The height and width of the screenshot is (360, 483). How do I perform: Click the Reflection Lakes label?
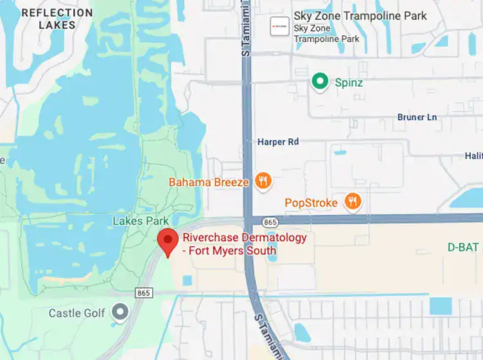click(57, 19)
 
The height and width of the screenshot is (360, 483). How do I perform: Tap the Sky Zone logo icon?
click(278, 26)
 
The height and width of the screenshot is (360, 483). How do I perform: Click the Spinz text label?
click(349, 82)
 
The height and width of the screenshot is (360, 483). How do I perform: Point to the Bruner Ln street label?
click(417, 117)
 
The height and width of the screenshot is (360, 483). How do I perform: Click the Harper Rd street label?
click(278, 141)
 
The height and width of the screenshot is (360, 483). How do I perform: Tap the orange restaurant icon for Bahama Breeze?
click(262, 181)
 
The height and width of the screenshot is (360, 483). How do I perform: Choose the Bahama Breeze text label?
click(209, 182)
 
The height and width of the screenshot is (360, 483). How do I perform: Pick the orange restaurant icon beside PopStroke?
click(352, 203)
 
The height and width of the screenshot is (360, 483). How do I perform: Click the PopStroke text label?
click(312, 203)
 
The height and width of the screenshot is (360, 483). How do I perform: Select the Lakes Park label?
click(141, 221)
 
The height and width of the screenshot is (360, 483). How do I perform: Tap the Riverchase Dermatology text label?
click(245, 244)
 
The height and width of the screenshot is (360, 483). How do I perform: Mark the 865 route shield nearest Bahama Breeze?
click(270, 222)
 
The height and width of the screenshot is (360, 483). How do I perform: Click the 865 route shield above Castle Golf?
click(143, 292)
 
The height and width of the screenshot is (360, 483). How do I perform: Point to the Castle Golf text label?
click(76, 314)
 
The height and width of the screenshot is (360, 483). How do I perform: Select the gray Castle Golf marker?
click(119, 313)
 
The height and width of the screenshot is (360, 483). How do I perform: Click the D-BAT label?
click(462, 247)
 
